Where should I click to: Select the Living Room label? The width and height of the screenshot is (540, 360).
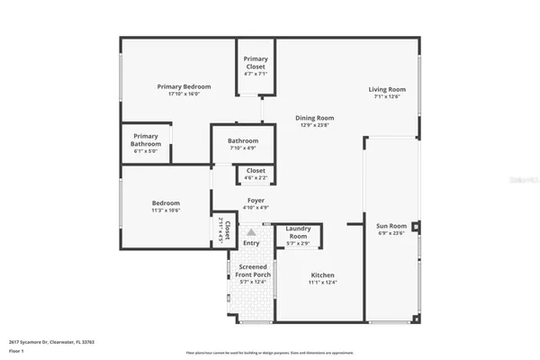click(x=386, y=89)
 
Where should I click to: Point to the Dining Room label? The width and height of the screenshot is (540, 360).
click(x=315, y=118)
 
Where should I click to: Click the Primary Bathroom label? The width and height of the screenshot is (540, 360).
click(x=145, y=140)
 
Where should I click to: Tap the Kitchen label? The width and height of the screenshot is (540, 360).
click(x=322, y=274)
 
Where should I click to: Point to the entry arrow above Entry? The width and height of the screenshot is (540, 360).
click(x=251, y=232)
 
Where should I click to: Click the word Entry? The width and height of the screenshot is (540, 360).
click(x=251, y=243)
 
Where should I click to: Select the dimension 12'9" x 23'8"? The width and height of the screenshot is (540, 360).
click(x=315, y=125)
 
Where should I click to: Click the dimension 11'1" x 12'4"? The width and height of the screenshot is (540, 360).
click(x=322, y=283)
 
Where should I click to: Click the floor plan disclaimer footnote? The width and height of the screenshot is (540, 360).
click(x=269, y=352)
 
